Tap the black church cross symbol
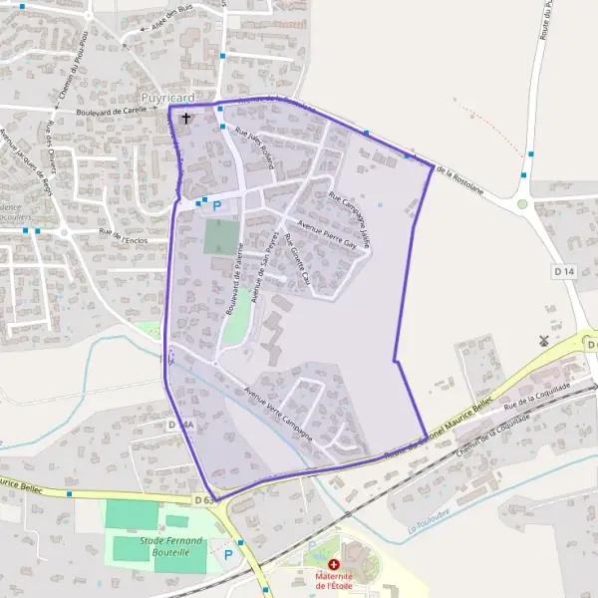(185, 119)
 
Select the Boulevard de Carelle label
(112, 113)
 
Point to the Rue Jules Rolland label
(254, 146)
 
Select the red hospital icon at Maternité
(333, 564)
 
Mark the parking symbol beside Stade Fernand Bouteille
(228, 554)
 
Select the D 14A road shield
(180, 426)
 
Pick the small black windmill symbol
(543, 340)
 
